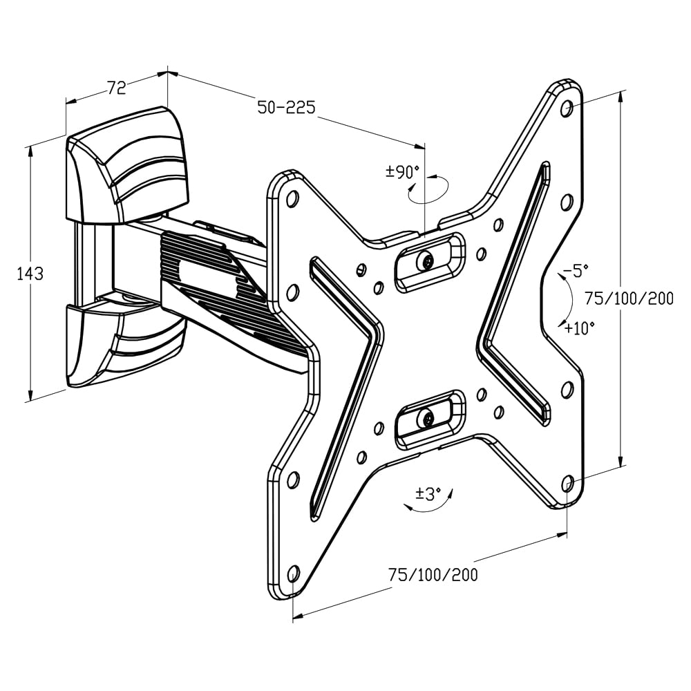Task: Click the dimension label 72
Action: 116,88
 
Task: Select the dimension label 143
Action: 30,274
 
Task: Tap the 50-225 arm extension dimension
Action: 286,107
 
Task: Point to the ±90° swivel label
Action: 403,171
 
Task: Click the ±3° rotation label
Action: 428,494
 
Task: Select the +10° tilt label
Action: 579,328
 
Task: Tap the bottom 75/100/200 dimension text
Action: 433,575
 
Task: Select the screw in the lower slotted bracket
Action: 426,418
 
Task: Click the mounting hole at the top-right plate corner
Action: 567,107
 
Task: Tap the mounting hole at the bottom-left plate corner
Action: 293,573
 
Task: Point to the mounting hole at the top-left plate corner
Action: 292,198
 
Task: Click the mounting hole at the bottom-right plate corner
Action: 567,483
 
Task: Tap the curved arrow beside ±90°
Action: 428,190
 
